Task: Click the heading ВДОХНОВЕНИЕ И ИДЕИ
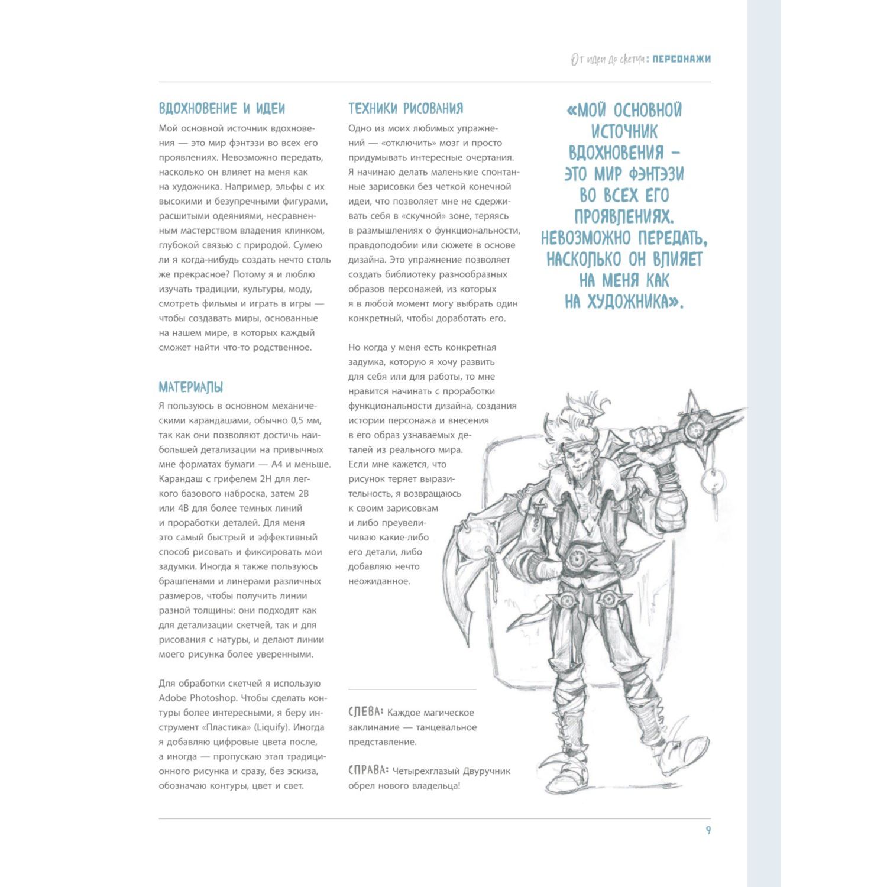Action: tap(222, 109)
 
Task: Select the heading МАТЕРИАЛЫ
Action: tap(190, 388)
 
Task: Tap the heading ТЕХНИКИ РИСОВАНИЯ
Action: tap(406, 108)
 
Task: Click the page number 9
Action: tap(708, 830)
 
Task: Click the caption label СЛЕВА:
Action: tap(366, 712)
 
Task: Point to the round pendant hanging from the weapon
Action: tap(713, 483)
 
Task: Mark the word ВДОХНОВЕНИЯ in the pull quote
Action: tap(616, 153)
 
